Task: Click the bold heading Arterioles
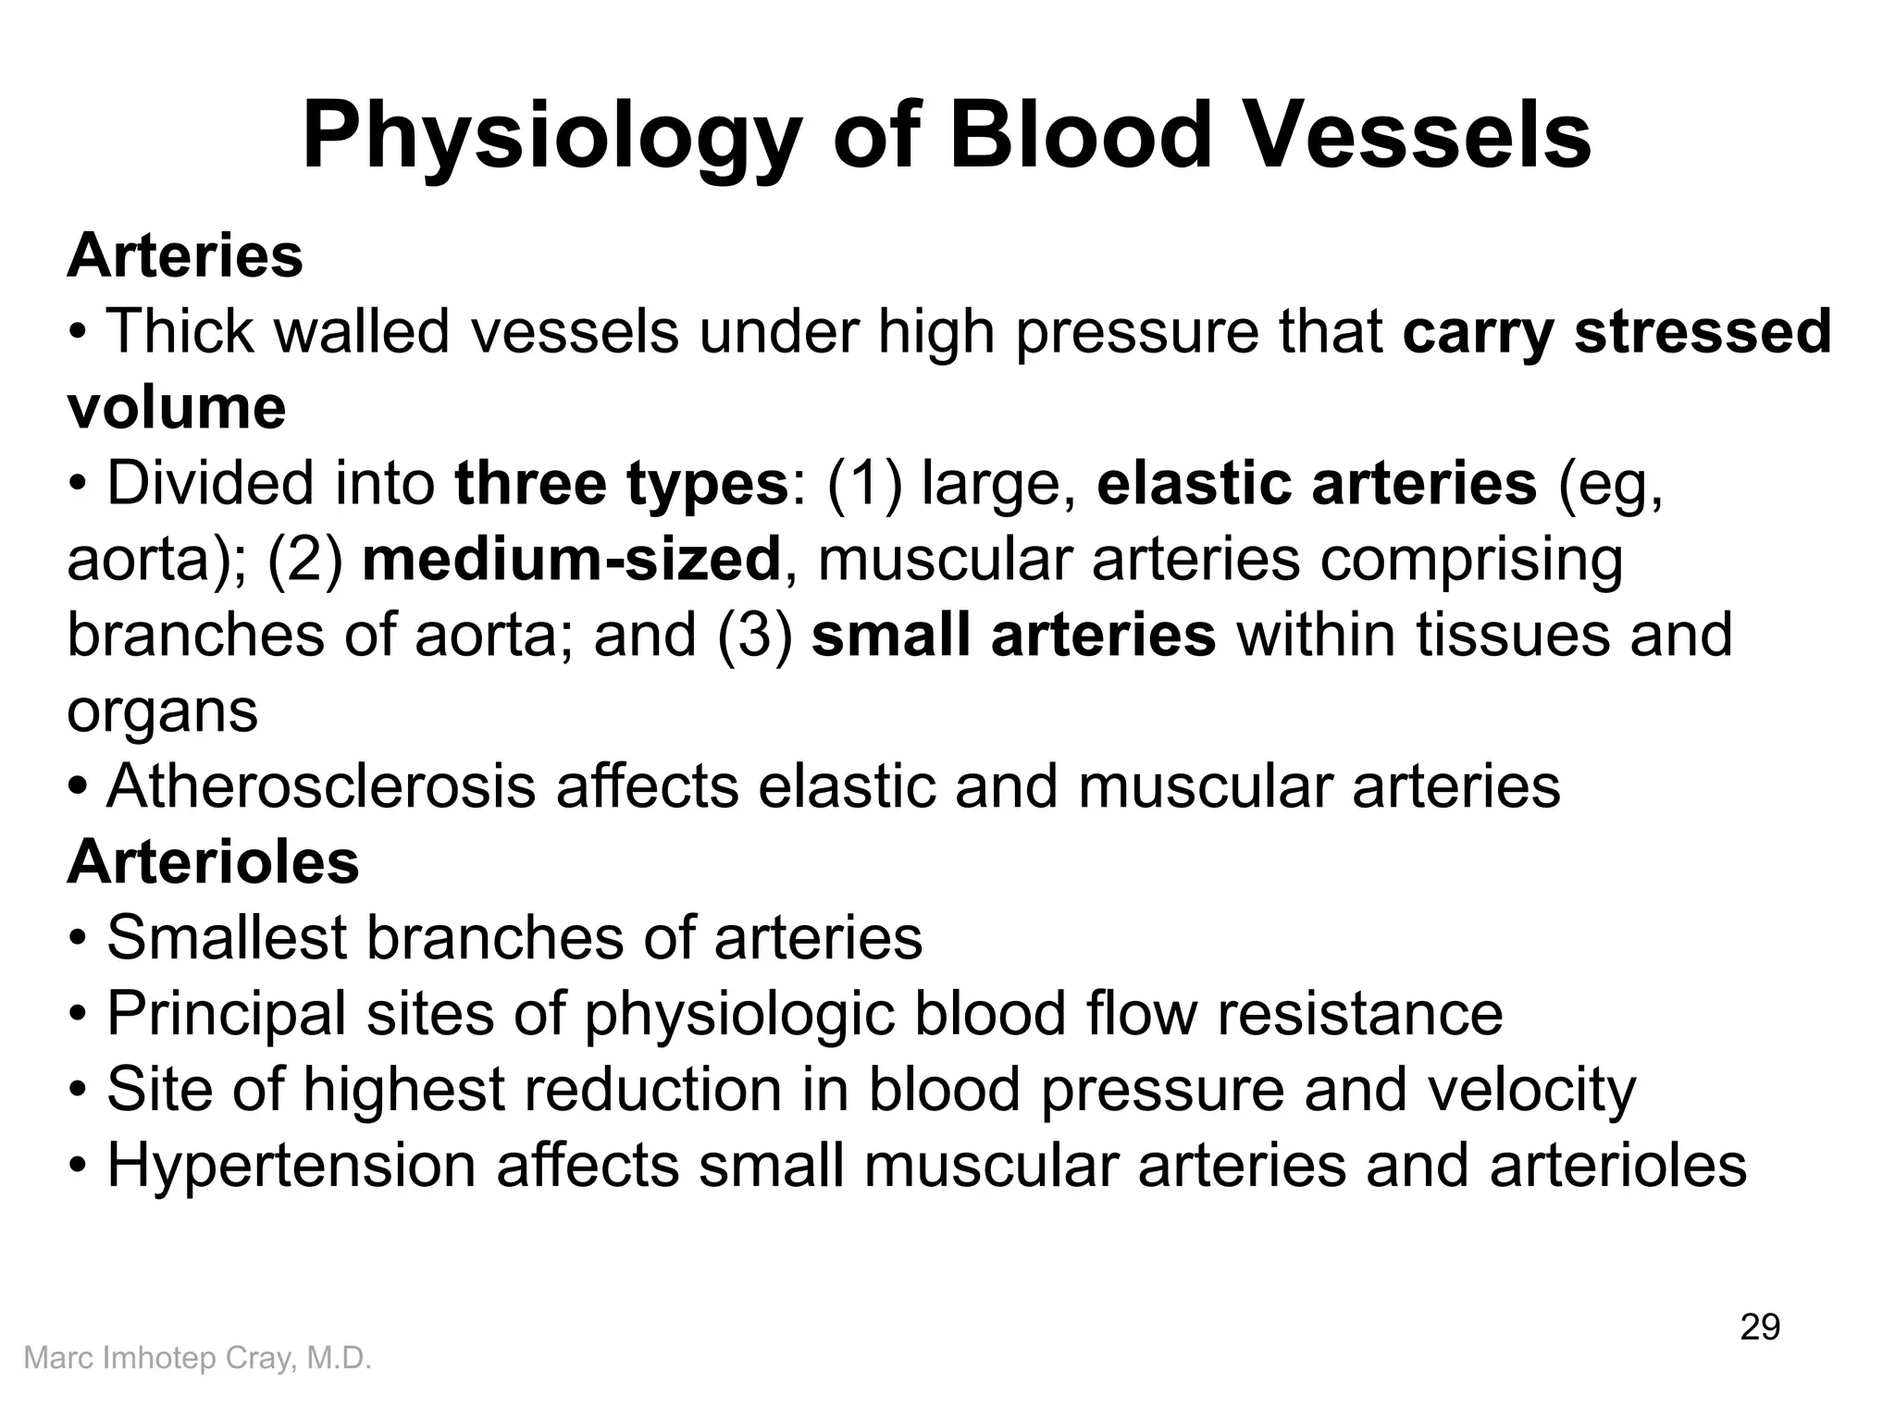pyautogui.click(x=213, y=862)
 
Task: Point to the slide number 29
pyautogui.click(x=1760, y=1327)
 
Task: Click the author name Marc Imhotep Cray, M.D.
pyautogui.click(x=197, y=1358)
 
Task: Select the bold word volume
pyautogui.click(x=177, y=407)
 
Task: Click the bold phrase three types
pyautogui.click(x=621, y=483)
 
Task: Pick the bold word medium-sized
pyautogui.click(x=572, y=559)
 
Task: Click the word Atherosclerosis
pyautogui.click(x=321, y=786)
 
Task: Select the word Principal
pyautogui.click(x=226, y=1014)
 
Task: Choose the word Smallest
pyautogui.click(x=226, y=938)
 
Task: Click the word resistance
pyautogui.click(x=1359, y=1014)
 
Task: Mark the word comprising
pyautogui.click(x=1471, y=561)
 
